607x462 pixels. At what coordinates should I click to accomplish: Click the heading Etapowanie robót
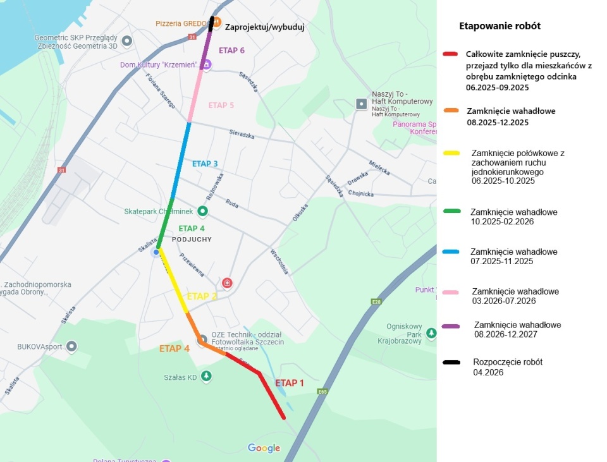click(x=500, y=27)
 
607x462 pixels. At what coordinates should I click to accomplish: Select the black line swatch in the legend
click(x=451, y=363)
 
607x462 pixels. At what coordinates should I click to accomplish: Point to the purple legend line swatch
click(x=451, y=326)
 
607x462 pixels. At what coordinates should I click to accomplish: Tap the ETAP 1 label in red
click(x=290, y=383)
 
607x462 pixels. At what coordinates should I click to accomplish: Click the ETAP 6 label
click(x=231, y=51)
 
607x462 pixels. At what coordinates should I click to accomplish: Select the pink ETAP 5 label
click(x=221, y=106)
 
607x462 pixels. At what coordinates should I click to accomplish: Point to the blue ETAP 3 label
click(x=205, y=164)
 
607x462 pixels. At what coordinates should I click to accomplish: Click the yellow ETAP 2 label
click(x=202, y=296)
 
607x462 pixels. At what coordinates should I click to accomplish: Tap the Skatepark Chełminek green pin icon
click(x=202, y=211)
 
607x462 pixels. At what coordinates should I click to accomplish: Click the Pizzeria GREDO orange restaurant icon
click(x=216, y=23)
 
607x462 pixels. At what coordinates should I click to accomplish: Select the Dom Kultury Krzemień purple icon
click(x=205, y=64)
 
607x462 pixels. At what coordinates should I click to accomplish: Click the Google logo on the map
click(x=264, y=448)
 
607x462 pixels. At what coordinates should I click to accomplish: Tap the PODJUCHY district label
click(x=192, y=240)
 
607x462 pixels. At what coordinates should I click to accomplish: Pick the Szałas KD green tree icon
click(x=206, y=377)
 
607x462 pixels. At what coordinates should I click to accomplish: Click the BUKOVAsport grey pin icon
click(x=71, y=346)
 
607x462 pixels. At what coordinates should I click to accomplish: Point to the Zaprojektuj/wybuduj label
click(x=264, y=28)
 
